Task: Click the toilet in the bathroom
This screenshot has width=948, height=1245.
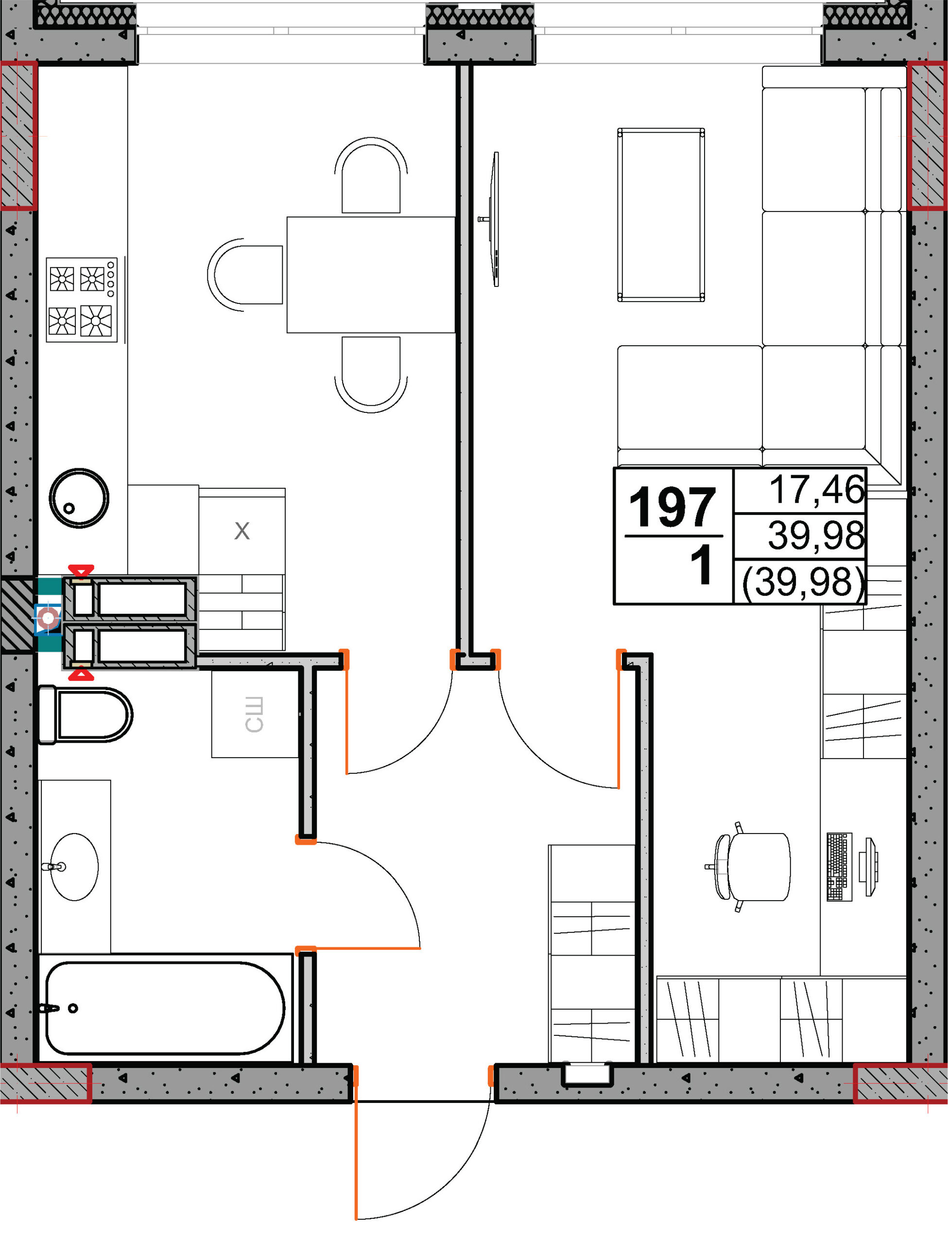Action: pyautogui.click(x=85, y=715)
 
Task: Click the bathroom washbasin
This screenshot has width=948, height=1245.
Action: pyautogui.click(x=74, y=867)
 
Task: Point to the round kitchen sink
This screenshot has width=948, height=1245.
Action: pyautogui.click(x=79, y=498)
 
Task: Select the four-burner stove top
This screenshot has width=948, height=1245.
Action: pyautogui.click(x=82, y=300)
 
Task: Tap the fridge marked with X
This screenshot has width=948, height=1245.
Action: pyautogui.click(x=241, y=531)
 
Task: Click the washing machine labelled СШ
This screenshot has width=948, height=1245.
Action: pyautogui.click(x=255, y=714)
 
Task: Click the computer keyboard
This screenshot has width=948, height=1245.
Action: pyautogui.click(x=839, y=867)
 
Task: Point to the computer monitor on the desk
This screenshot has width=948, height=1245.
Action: pyautogui.click(x=868, y=867)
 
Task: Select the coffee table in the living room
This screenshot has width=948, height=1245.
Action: pyautogui.click(x=661, y=215)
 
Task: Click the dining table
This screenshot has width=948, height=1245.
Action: pyautogui.click(x=371, y=275)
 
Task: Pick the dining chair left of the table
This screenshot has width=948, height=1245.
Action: pyautogui.click(x=245, y=275)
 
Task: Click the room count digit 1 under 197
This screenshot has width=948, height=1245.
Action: pyautogui.click(x=702, y=566)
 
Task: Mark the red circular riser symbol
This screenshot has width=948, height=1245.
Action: pyautogui.click(x=49, y=619)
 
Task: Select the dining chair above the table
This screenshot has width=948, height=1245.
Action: pyautogui.click(x=371, y=175)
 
